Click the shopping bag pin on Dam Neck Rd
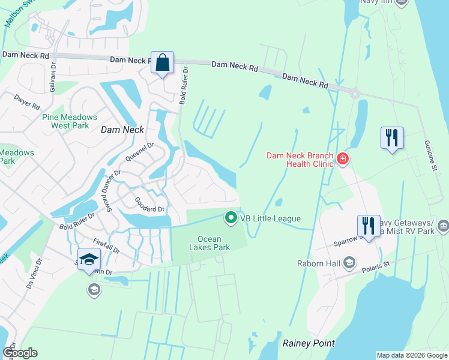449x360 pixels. click(163, 62)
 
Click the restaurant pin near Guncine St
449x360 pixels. click(392, 138)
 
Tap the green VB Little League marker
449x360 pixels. click(230, 218)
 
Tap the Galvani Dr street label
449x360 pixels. click(53, 74)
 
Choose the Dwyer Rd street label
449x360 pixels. click(27, 101)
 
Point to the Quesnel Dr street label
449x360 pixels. click(139, 151)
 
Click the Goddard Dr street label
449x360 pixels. click(149, 205)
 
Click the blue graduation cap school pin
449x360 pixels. click(89, 259)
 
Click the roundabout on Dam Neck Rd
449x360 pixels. click(355, 93)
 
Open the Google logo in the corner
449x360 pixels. click(20, 353)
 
